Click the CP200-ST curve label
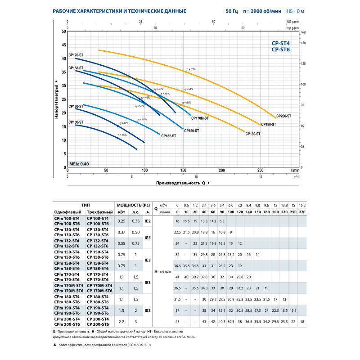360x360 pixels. tap(283, 116)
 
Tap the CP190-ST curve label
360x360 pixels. tap(268, 124)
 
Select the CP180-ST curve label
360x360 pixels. tap(253, 134)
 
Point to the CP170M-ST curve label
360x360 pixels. tap(200, 118)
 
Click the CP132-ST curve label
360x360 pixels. tap(169, 135)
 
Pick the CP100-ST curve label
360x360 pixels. tap(76, 122)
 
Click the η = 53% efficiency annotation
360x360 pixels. tap(191, 69)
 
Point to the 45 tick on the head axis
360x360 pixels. tap(63, 45)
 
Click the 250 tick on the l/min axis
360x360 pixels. tap(261, 171)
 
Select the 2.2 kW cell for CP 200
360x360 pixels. tap(122, 321)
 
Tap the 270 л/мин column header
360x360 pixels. tap(302, 211)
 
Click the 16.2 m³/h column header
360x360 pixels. tap(302, 205)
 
